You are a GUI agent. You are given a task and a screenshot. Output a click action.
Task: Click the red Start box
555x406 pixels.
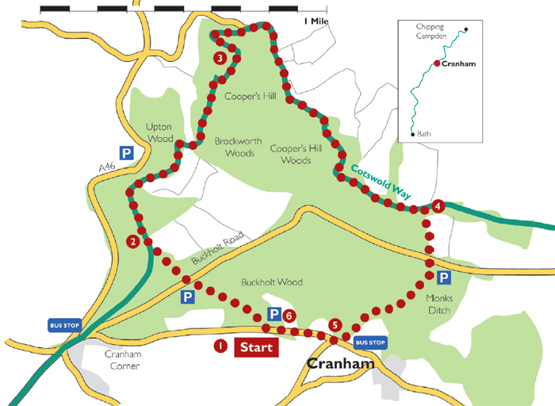coord(256,347)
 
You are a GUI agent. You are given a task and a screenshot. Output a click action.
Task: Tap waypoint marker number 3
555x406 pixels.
coord(220,58)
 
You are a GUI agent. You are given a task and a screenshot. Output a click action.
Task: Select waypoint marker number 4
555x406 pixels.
coord(438,206)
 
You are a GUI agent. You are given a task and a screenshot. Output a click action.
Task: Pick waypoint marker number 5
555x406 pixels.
coord(335,324)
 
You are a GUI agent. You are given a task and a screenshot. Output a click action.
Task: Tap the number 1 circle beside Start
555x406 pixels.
coord(220,347)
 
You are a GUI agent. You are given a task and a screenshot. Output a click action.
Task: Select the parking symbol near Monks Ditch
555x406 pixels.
coord(444,278)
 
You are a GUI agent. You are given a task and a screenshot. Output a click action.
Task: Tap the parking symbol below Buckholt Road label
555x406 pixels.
coord(187,297)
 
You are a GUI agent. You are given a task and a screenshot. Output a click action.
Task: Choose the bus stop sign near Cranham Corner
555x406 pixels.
coord(66,326)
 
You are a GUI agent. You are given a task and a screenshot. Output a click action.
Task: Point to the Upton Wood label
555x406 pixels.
coord(159,132)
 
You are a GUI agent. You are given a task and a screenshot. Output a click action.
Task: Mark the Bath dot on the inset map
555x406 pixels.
coord(412,135)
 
